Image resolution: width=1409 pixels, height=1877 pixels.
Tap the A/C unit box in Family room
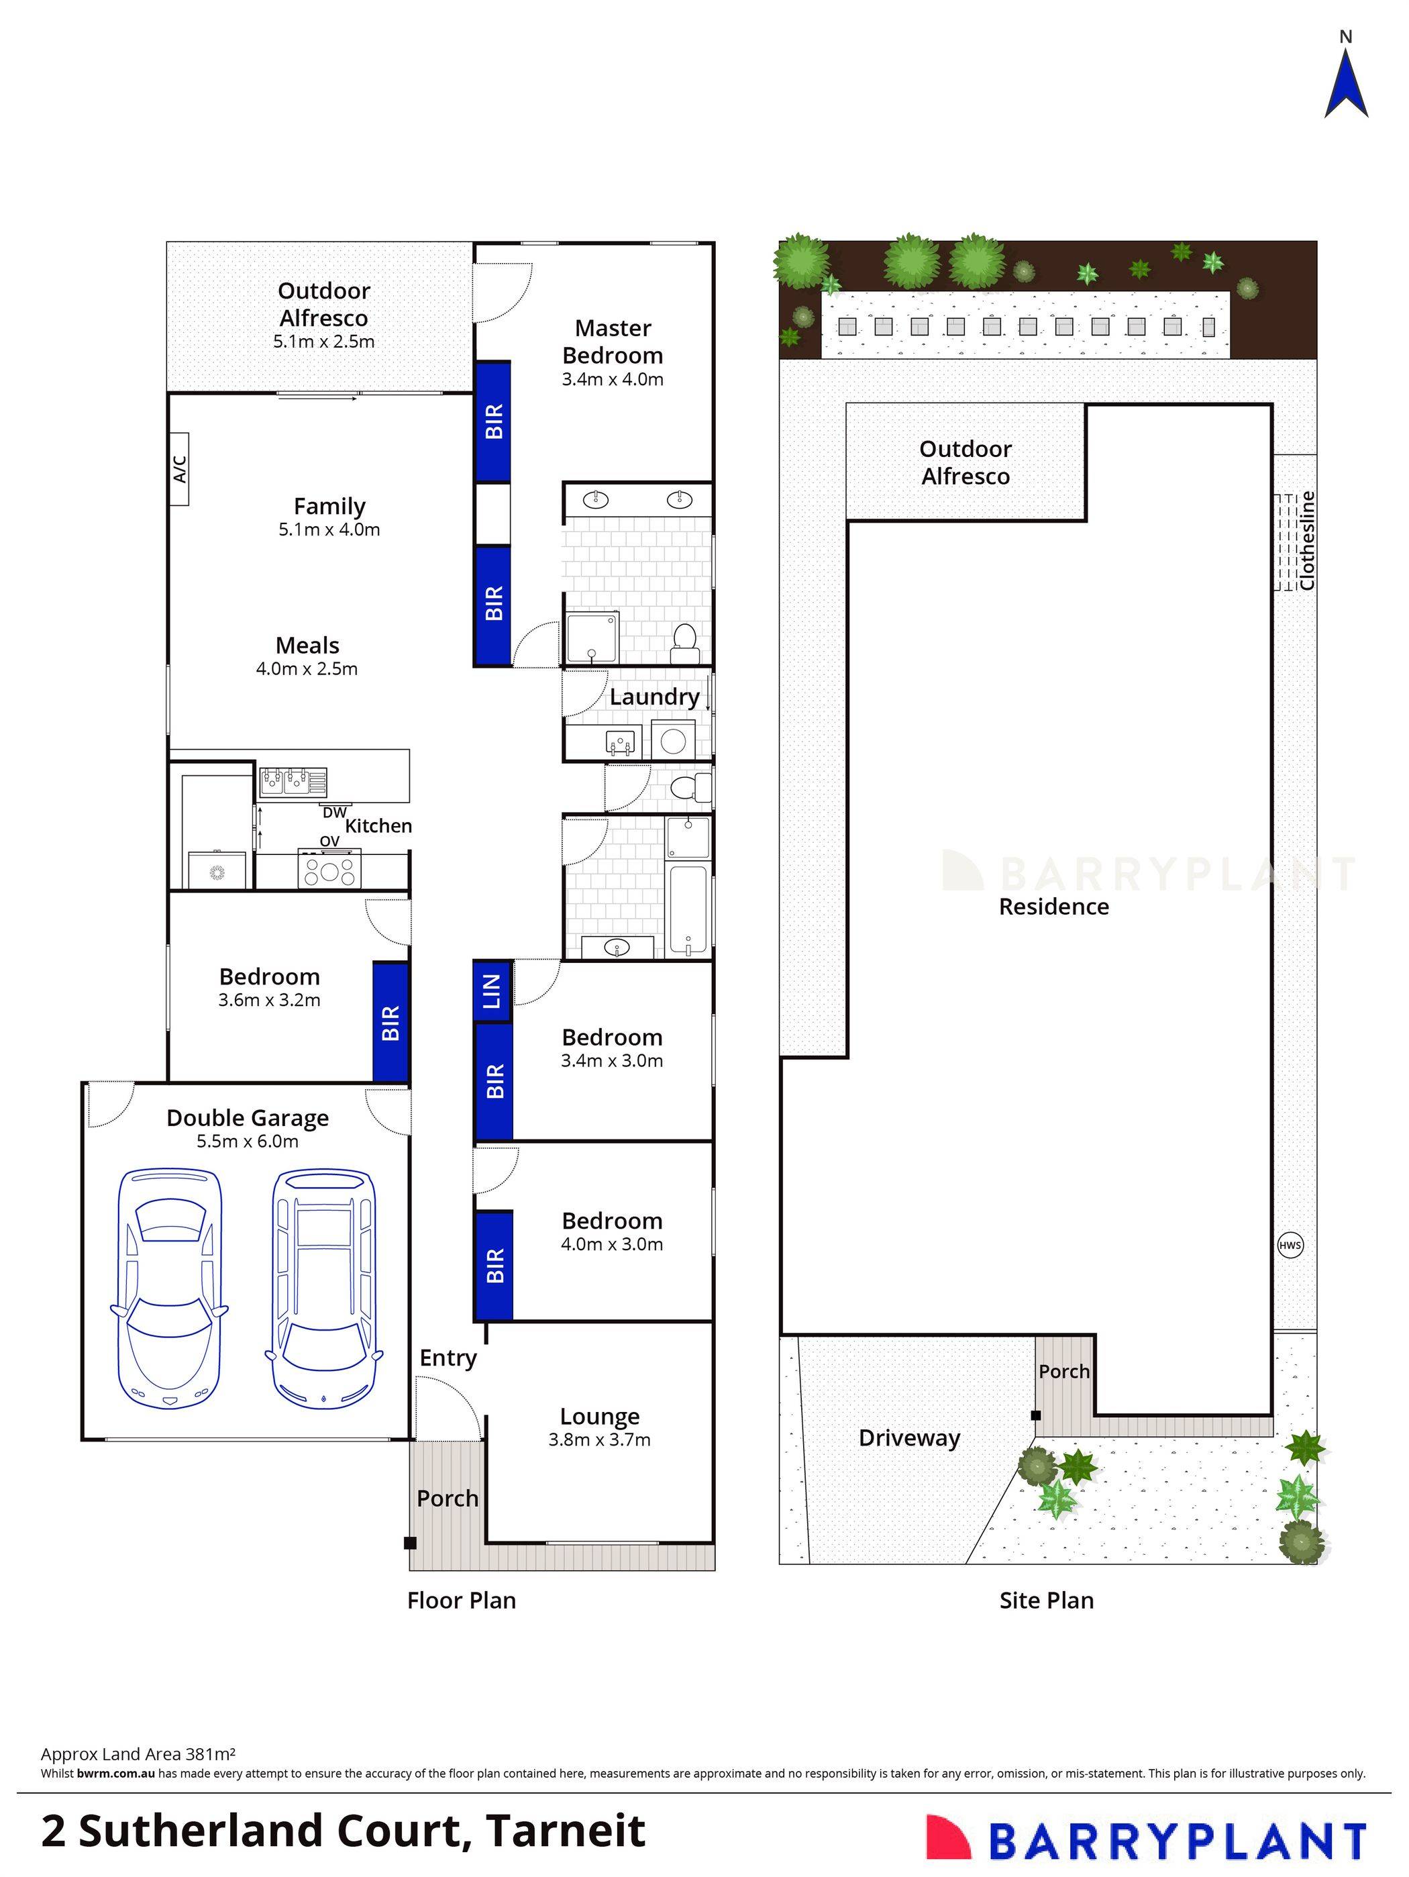click(x=178, y=469)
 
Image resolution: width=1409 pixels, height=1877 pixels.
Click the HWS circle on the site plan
click(x=1290, y=1246)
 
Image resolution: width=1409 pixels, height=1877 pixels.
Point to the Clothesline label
click(x=1306, y=540)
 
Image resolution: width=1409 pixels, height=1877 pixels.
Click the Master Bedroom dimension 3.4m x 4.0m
click(x=612, y=379)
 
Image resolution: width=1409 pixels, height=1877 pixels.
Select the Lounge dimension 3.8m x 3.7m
click(x=599, y=1439)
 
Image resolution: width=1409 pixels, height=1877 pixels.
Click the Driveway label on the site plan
click(x=908, y=1437)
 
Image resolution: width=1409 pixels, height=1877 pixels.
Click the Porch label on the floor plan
click(x=447, y=1499)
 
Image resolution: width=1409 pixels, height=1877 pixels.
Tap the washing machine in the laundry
click(x=674, y=740)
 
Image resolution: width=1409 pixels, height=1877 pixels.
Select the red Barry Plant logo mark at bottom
click(x=947, y=1836)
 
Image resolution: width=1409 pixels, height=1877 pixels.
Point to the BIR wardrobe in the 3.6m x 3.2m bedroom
click(x=390, y=1023)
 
